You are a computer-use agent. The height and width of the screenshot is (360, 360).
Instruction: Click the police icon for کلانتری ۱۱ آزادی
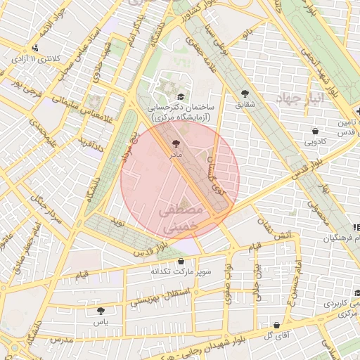click(x=36, y=48)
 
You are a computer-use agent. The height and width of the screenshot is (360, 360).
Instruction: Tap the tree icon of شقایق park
click(x=245, y=93)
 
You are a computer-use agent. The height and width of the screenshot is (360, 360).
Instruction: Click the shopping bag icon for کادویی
click(x=314, y=130)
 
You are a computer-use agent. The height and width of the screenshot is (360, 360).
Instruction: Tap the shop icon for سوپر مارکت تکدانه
click(x=181, y=261)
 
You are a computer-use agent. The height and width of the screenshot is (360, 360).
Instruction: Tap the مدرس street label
click(x=61, y=340)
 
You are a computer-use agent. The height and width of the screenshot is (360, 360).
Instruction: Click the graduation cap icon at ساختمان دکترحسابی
click(x=181, y=97)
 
